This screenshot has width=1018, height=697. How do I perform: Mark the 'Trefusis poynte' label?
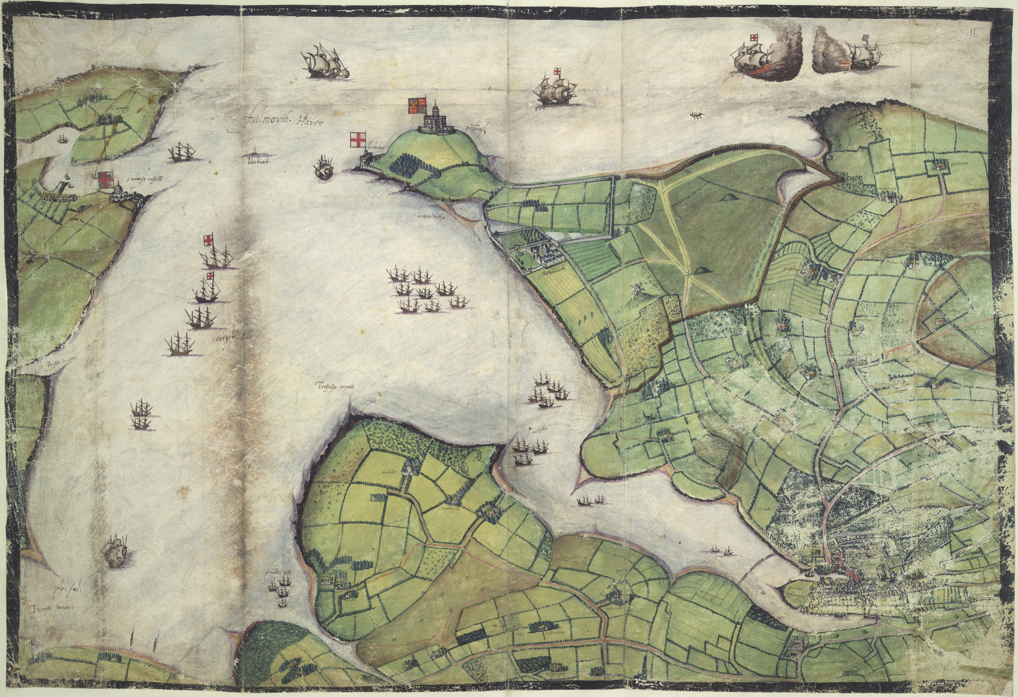(334, 387)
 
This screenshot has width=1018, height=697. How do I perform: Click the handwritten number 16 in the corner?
(974, 33)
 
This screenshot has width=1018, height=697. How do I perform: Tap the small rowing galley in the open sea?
(696, 116)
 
